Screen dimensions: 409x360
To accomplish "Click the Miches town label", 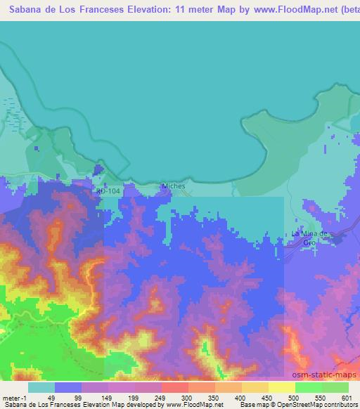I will point(172,186).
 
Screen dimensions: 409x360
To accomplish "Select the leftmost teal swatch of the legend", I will point(41,387).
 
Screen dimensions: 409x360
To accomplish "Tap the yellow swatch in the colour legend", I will point(281,387).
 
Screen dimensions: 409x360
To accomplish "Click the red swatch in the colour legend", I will point(175,387).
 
